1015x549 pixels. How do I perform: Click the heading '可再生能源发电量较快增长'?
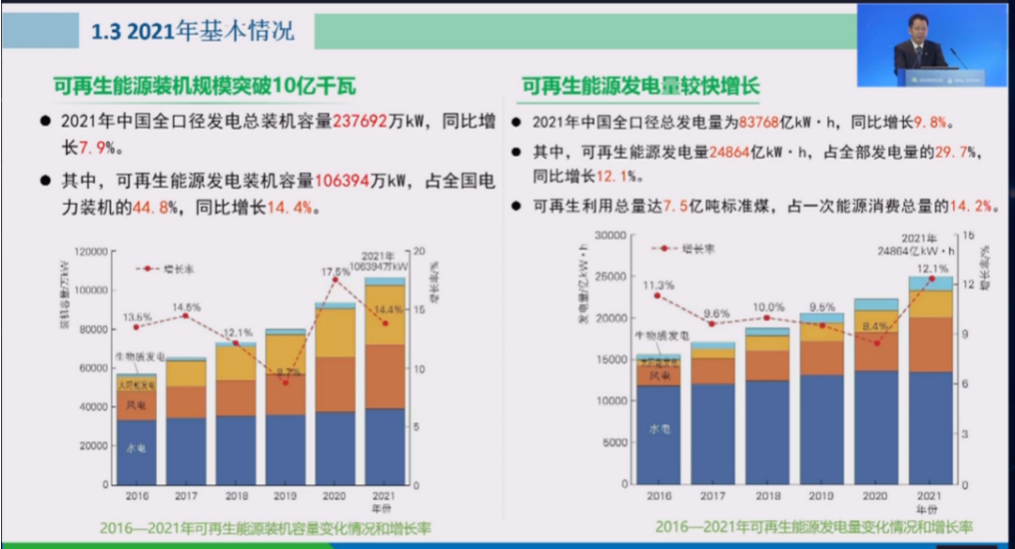[640, 87]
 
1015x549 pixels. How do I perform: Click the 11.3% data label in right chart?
[655, 284]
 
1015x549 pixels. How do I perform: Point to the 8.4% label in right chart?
[875, 325]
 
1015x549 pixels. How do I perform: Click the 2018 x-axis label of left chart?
[236, 494]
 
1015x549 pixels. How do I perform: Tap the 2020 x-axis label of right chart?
[875, 494]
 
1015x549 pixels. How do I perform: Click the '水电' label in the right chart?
[658, 430]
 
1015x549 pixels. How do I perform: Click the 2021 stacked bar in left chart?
[385, 379]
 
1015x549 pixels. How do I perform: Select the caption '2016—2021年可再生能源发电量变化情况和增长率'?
[814, 526]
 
